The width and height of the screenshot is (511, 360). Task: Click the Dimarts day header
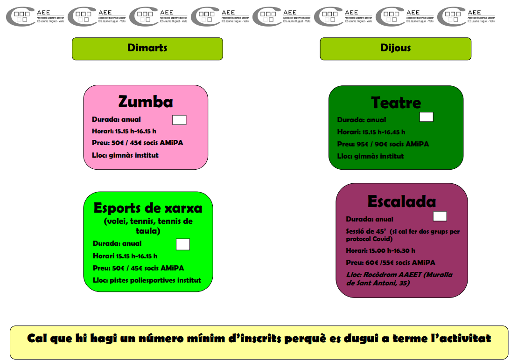tap(147, 48)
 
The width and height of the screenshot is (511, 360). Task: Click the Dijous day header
tap(395, 48)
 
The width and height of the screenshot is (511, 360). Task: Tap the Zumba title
tap(146, 102)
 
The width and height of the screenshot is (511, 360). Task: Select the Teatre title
tap(396, 103)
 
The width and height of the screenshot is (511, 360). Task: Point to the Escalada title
tap(401, 201)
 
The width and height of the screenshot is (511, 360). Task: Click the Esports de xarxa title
tap(148, 208)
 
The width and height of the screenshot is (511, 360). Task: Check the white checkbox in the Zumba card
tap(179, 120)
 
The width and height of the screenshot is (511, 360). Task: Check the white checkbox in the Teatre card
tap(426, 117)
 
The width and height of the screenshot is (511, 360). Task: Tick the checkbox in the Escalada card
tap(440, 216)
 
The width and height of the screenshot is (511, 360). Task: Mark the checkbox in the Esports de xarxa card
tap(183, 244)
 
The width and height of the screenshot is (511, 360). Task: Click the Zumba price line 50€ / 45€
tap(138, 143)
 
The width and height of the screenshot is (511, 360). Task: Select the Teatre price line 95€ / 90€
tap(383, 144)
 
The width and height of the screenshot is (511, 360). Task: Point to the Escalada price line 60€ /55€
tap(390, 263)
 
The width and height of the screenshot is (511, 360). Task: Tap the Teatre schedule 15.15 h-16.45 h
tap(371, 132)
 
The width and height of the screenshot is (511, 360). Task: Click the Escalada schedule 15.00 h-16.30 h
tap(380, 250)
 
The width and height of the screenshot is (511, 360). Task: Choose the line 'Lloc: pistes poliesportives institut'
tap(147, 280)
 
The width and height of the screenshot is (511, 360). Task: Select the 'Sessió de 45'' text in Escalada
tap(366, 231)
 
